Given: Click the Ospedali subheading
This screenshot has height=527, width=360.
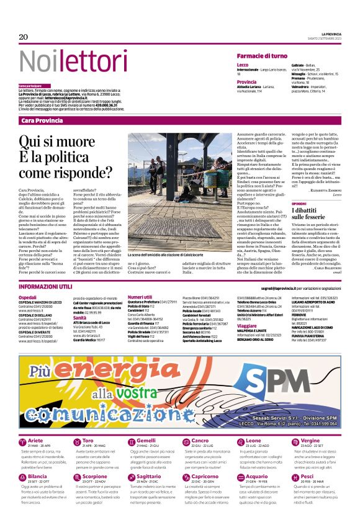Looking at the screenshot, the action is pos(27,297).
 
